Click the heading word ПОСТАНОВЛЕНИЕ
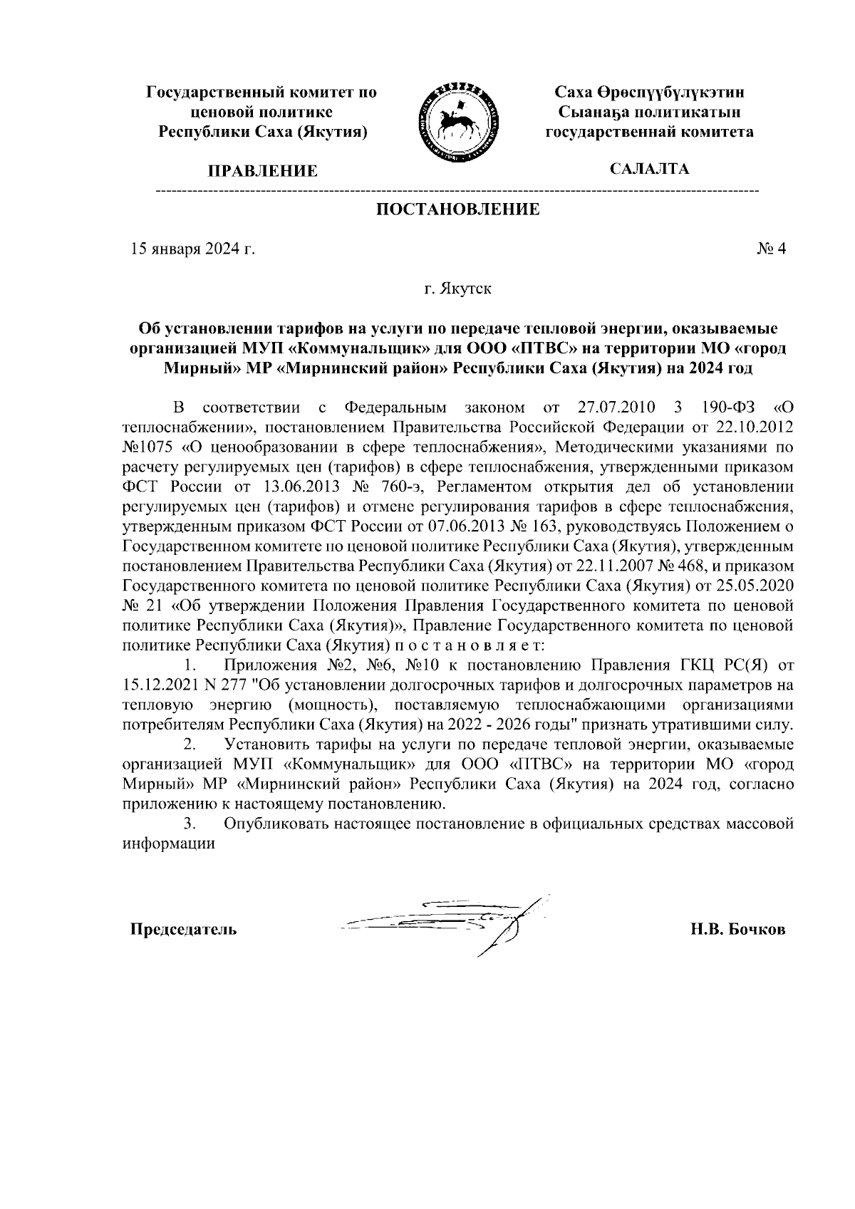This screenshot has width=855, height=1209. pyautogui.click(x=457, y=209)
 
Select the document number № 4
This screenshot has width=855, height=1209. pyautogui.click(x=771, y=249)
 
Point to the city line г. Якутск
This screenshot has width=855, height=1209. pyautogui.click(x=457, y=289)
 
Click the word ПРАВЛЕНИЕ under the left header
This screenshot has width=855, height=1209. pyautogui.click(x=261, y=171)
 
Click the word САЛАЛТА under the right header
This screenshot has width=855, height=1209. pyautogui.click(x=648, y=169)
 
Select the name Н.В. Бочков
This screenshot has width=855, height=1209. pyautogui.click(x=737, y=930)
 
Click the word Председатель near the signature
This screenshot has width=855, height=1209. pyautogui.click(x=183, y=930)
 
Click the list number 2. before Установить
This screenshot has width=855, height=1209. pyautogui.click(x=190, y=745)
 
